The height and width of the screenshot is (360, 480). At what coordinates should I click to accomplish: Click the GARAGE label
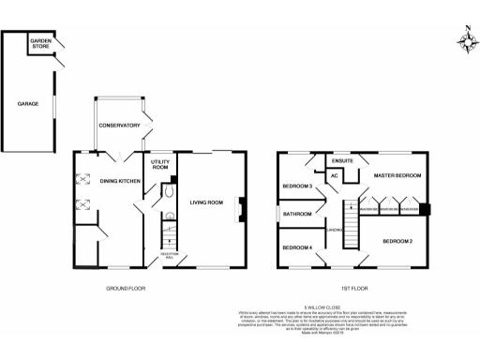27,104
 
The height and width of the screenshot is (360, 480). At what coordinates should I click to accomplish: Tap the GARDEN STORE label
41,43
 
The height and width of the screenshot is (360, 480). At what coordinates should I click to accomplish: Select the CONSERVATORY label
119,126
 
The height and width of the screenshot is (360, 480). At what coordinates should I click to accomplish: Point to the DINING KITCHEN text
121,181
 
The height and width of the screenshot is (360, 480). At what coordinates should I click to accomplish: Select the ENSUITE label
342,160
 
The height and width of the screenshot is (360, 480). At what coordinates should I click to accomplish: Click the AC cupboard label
334,175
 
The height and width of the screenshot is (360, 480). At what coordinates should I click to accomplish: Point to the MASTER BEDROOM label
397,175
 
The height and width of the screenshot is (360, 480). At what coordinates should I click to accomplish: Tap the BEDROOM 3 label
297,186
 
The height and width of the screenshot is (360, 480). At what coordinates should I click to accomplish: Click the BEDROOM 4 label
297,247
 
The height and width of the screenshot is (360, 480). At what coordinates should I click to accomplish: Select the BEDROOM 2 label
397,242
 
